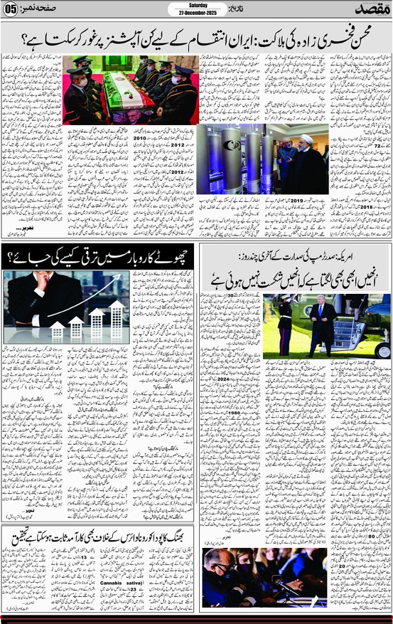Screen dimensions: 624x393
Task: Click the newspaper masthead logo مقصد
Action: pyautogui.click(x=365, y=9)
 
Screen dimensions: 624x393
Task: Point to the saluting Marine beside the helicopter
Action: pyautogui.click(x=284, y=326)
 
